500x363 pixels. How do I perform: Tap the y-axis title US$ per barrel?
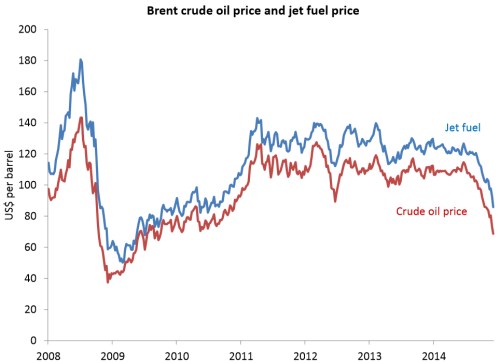click(11, 186)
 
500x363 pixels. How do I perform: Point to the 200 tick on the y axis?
click(29, 29)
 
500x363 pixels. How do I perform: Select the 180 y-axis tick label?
click(29, 60)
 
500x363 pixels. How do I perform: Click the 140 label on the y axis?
click(29, 122)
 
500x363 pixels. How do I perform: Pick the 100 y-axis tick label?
click(29, 185)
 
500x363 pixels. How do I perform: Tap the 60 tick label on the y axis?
click(32, 247)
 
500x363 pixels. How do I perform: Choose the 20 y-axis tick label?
click(32, 309)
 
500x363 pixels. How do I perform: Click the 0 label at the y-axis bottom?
click(35, 340)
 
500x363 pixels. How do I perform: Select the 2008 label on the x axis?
click(48, 354)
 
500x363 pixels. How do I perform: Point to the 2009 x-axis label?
click(112, 354)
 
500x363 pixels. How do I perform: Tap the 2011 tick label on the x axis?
click(241, 354)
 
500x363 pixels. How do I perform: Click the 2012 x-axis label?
click(305, 354)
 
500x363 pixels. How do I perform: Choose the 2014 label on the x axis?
click(434, 354)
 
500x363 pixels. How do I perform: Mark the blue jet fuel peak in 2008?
click(80, 60)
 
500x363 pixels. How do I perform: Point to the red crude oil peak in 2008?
click(80, 118)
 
